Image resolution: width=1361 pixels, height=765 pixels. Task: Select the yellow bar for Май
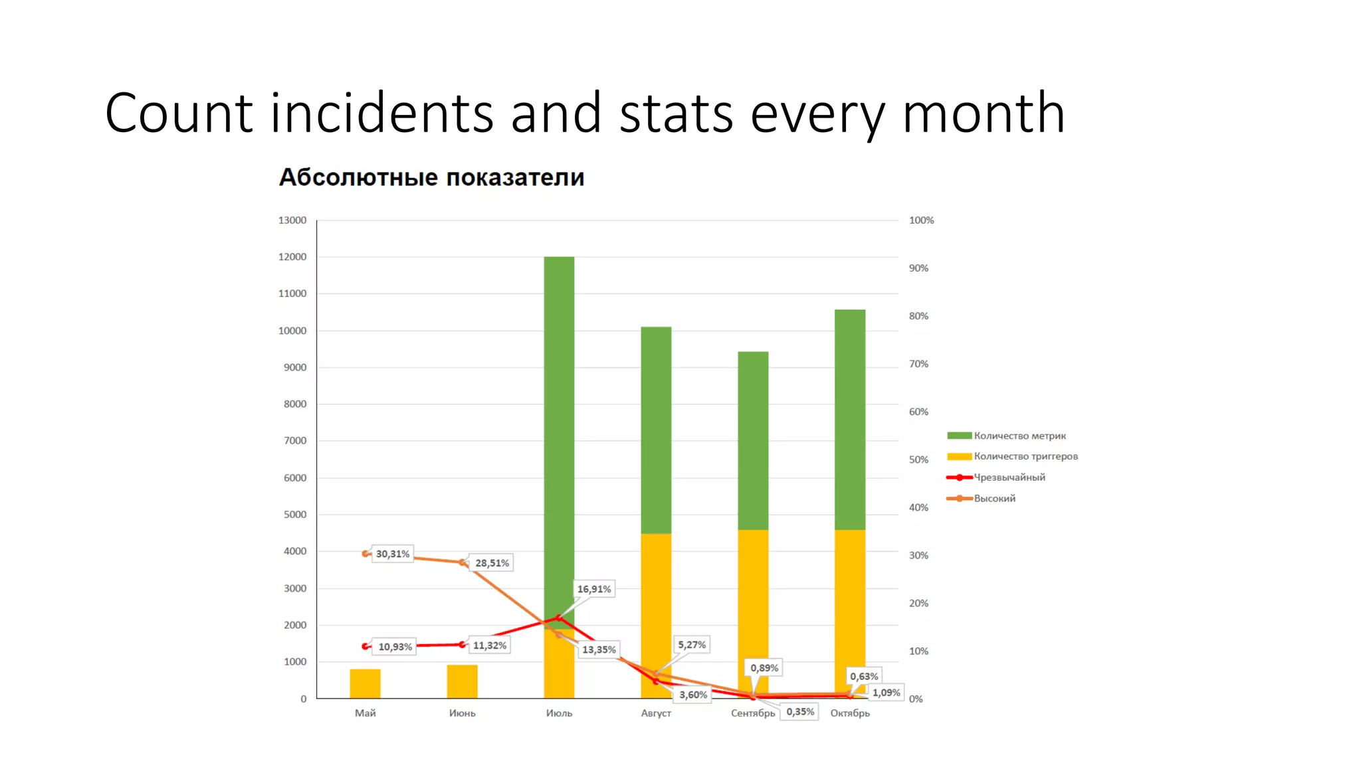(365, 683)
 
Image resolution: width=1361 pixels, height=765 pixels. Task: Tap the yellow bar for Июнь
(462, 681)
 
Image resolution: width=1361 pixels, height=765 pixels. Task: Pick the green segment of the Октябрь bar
(850, 418)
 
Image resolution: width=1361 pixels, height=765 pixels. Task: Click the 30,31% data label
(393, 554)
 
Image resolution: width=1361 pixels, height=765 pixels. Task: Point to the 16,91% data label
(594, 589)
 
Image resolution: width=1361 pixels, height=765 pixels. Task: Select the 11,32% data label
(490, 645)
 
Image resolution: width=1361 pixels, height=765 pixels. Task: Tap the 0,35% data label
(800, 712)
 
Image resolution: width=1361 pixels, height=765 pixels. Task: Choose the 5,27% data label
(692, 645)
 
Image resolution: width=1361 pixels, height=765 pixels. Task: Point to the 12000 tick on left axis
(292, 257)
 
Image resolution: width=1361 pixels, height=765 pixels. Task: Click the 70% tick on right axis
(918, 364)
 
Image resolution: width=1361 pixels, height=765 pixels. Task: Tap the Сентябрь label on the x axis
(752, 713)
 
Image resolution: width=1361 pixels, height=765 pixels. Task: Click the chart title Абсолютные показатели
(431, 177)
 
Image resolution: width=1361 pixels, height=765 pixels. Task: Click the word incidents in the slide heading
(382, 113)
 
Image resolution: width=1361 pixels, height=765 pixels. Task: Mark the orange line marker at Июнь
(463, 562)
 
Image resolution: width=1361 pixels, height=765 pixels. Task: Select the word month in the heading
(983, 113)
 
